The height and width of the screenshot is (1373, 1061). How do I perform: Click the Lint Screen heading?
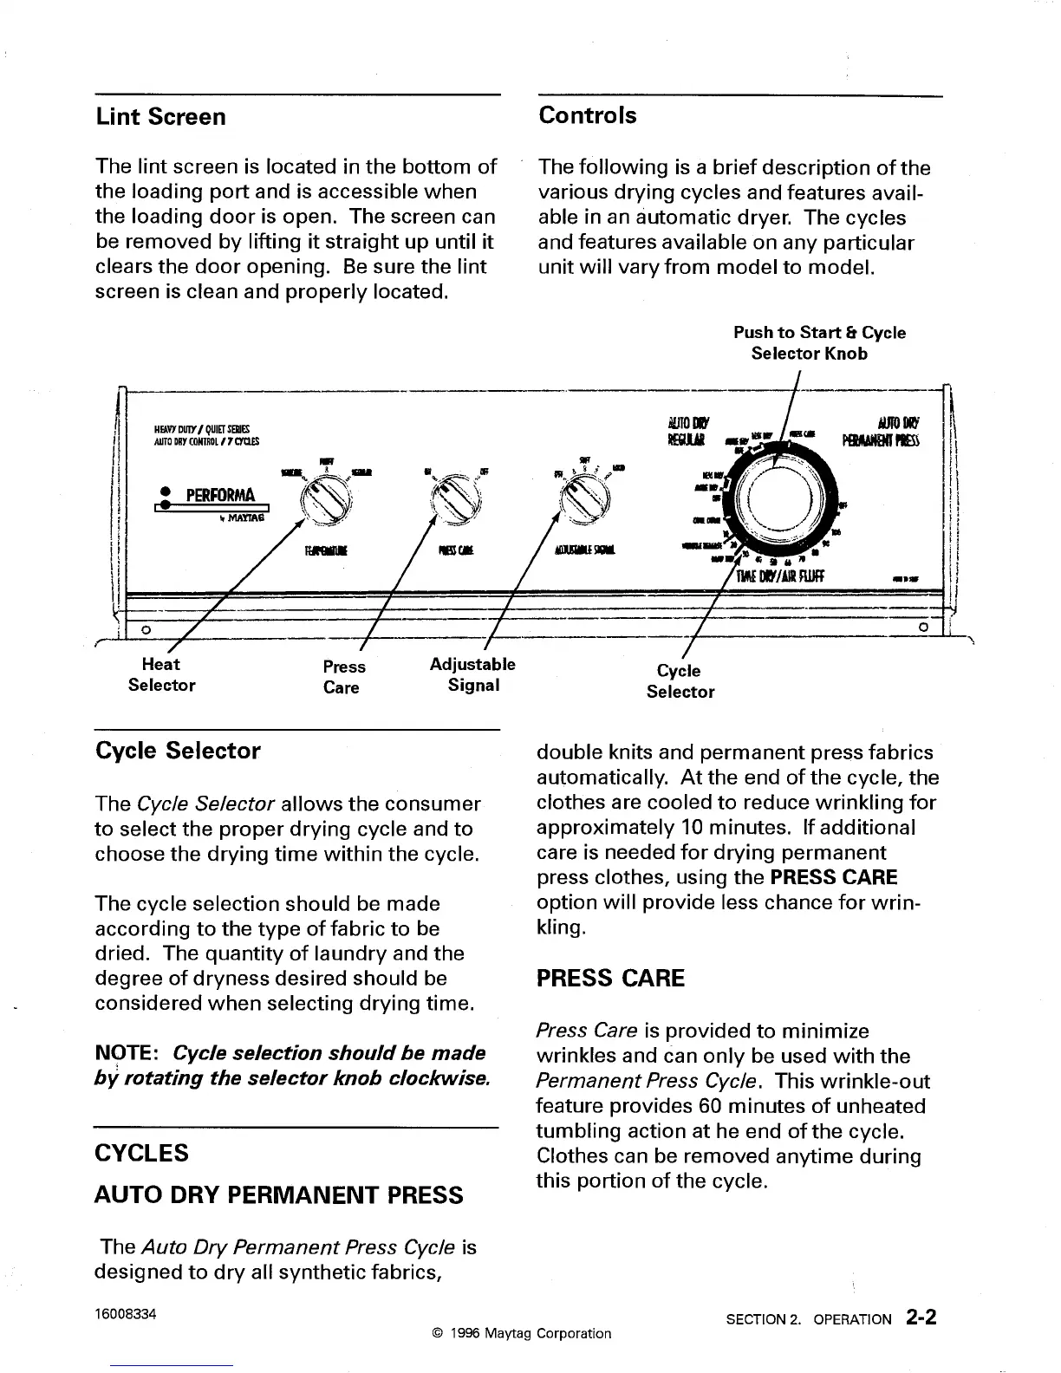pyautogui.click(x=160, y=117)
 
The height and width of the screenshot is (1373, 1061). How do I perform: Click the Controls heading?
pyautogui.click(x=587, y=115)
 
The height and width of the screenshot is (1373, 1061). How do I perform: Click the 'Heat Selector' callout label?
pyautogui.click(x=161, y=674)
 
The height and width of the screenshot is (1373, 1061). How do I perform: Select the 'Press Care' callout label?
pyautogui.click(x=343, y=677)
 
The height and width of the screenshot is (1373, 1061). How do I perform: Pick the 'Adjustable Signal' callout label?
pyautogui.click(x=472, y=674)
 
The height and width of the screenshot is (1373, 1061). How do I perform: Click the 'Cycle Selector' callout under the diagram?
pyautogui.click(x=680, y=680)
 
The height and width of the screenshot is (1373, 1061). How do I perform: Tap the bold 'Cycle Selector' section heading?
pyautogui.click(x=178, y=751)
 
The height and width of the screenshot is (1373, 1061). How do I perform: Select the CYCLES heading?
pyautogui.click(x=140, y=1153)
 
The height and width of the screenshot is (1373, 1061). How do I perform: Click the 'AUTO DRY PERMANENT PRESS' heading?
pyautogui.click(x=278, y=1195)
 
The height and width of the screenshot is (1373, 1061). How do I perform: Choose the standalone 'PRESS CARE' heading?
pyautogui.click(x=610, y=979)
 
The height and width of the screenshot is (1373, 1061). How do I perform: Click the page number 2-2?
pyautogui.click(x=920, y=1318)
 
